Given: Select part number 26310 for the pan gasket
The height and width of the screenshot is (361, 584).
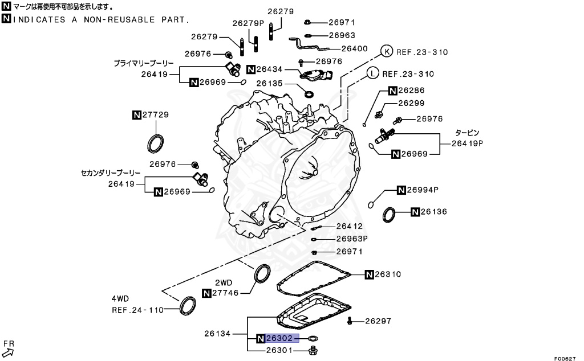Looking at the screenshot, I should [x=387, y=274].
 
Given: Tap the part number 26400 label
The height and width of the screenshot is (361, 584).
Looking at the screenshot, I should [x=354, y=49].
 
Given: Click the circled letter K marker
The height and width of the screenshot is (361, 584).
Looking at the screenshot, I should [x=386, y=52].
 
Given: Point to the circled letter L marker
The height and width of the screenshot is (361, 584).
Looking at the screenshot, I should [x=372, y=73].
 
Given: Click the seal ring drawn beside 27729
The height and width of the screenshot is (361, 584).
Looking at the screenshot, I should [x=156, y=143].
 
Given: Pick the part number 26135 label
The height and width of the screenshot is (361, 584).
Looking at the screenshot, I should [x=269, y=83].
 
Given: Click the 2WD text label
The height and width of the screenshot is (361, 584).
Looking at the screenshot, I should [x=223, y=282].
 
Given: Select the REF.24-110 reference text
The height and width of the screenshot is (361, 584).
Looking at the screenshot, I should [x=137, y=310].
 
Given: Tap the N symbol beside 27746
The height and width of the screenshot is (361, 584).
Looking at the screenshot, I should [x=206, y=293].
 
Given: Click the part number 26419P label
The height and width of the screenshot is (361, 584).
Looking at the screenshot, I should [x=467, y=143].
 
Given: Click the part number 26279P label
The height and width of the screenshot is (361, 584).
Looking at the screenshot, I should [x=248, y=23].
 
